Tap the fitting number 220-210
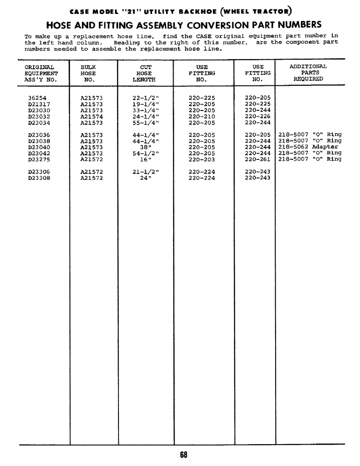point(202,116)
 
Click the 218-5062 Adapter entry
point(308,147)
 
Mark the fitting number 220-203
point(202,159)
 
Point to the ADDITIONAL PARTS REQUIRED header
point(308,73)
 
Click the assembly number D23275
point(39,159)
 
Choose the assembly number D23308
point(39,178)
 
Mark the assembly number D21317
point(39,104)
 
